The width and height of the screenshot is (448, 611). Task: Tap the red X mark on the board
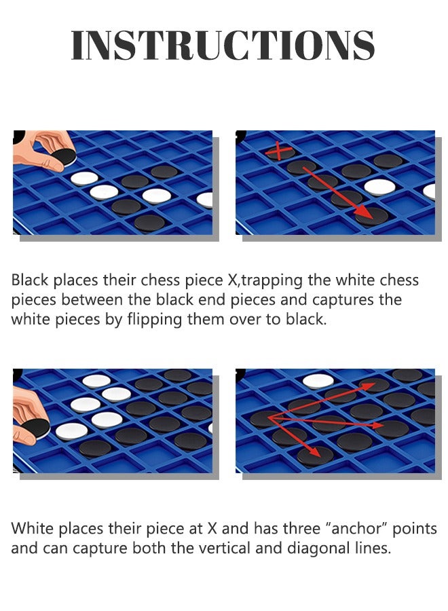point(276,151)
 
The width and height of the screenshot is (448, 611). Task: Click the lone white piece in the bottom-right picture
point(318,381)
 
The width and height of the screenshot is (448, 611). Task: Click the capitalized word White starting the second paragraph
point(31,528)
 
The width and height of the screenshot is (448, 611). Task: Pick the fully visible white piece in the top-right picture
point(379,186)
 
